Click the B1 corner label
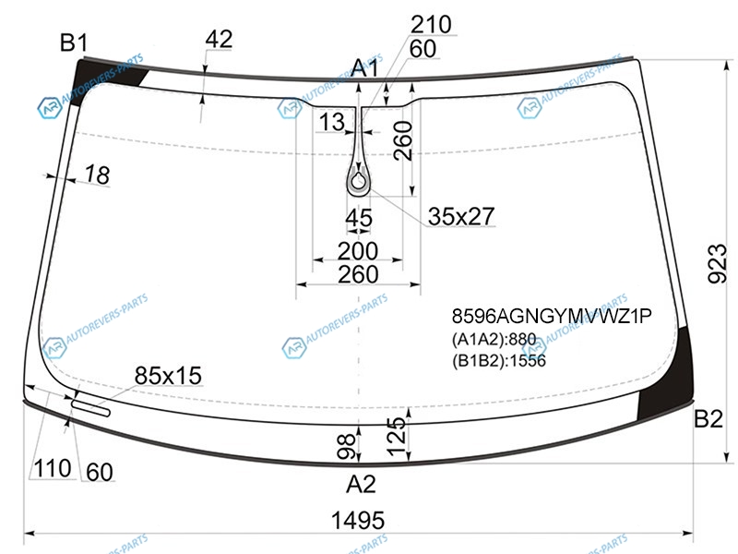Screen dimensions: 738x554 74,42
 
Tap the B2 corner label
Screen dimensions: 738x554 708,418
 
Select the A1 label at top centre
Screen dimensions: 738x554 364,68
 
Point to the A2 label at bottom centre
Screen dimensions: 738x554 361,484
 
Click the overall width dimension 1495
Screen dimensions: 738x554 358,521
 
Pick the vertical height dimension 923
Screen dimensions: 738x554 718,263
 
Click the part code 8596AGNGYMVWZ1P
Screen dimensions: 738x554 552,316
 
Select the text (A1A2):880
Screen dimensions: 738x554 494,339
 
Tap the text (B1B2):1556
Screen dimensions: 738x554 499,361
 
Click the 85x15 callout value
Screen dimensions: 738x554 168,376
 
